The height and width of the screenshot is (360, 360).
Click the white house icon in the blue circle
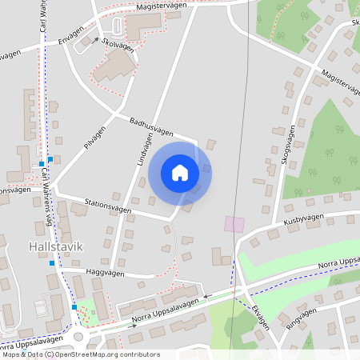tap(180, 172)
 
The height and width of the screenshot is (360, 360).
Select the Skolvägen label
tap(118, 46)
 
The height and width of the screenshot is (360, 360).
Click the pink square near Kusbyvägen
tap(234, 224)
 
